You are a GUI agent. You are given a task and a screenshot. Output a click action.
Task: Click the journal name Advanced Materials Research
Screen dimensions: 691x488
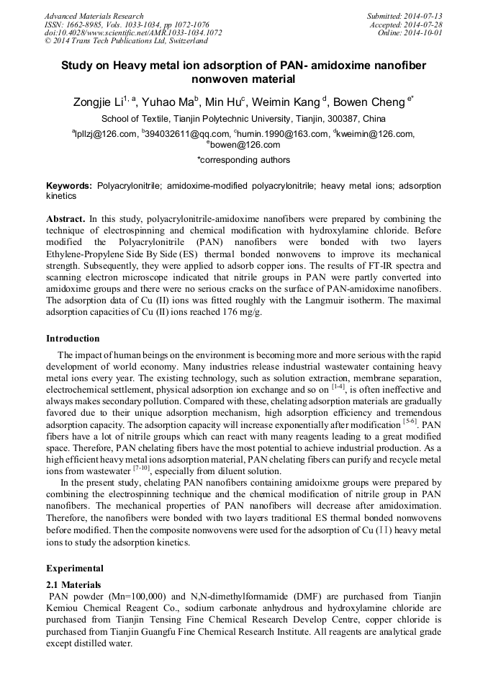tap(94, 16)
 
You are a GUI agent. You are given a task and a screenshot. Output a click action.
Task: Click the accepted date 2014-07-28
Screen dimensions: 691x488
tap(426, 24)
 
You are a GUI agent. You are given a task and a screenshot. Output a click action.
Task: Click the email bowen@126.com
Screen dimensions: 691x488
tap(244, 145)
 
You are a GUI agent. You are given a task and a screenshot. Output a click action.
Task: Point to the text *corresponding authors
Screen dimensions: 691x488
tap(243, 160)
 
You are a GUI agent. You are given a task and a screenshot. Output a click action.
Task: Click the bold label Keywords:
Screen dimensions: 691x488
tap(69, 186)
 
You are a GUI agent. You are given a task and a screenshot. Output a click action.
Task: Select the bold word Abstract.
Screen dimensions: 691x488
tap(65, 218)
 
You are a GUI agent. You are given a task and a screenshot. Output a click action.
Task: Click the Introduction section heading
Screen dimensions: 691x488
tap(73, 339)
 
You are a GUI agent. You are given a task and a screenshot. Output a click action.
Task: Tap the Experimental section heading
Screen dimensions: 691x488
tap(75, 569)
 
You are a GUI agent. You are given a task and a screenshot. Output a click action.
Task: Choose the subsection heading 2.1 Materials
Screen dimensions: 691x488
tap(73, 584)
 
